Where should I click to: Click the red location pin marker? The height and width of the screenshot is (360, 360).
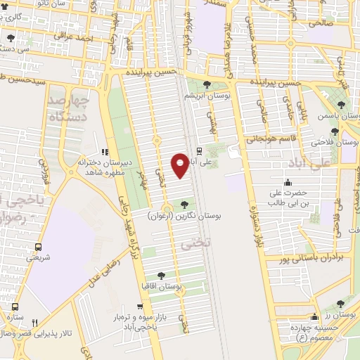click(x=180, y=165)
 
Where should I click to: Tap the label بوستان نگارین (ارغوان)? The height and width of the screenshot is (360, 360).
click(x=185, y=217)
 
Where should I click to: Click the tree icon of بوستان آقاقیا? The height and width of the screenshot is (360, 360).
click(x=162, y=276)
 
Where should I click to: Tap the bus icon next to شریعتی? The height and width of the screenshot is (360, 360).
click(x=38, y=247)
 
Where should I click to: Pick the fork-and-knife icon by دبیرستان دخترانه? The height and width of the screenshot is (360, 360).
click(x=105, y=151)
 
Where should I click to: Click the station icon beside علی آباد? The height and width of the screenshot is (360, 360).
click(x=199, y=150)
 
